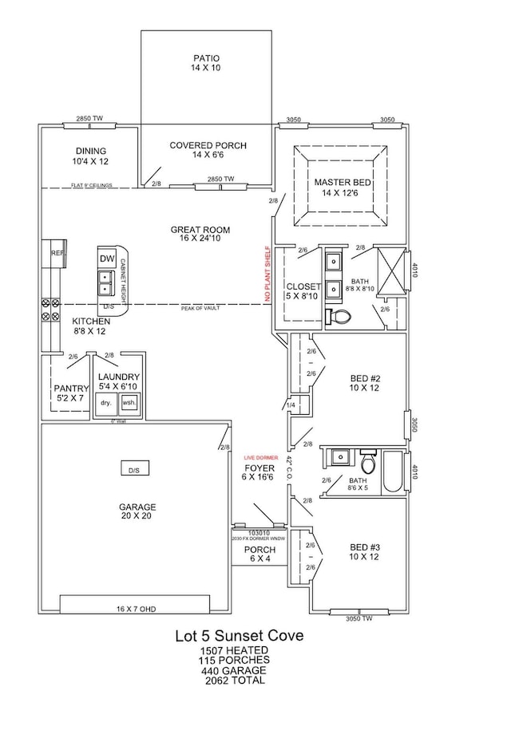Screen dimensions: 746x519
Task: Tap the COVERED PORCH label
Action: [x=208, y=151]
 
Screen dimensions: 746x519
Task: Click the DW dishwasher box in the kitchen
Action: [x=107, y=259]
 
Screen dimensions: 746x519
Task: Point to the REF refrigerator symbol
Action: [x=57, y=253]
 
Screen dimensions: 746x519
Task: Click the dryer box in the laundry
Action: [x=105, y=404]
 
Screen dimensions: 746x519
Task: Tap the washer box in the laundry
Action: [x=129, y=404]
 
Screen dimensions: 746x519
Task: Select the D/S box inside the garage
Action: [x=133, y=470]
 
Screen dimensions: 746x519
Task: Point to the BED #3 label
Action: [x=366, y=553]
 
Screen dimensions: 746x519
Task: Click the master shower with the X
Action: [x=391, y=274]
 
